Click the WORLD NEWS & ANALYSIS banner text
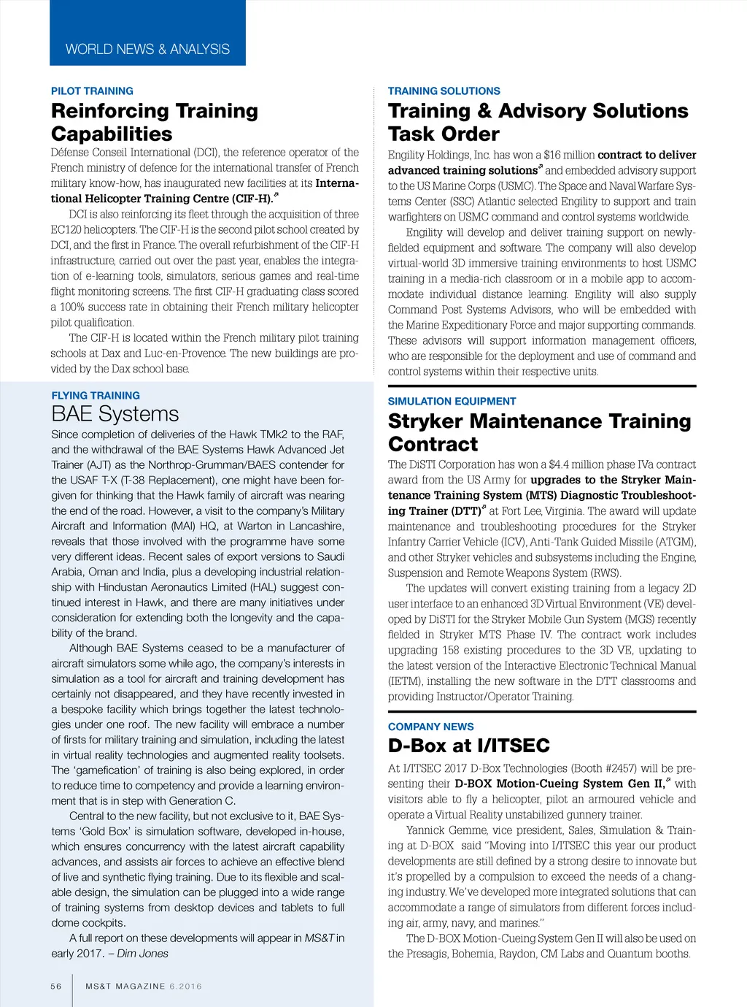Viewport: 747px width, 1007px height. [x=147, y=49]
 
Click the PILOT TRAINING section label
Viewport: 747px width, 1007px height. [x=92, y=91]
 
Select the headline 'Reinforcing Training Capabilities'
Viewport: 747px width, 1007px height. [x=155, y=122]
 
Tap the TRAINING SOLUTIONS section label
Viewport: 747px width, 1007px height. [x=444, y=91]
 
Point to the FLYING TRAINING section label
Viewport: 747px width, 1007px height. [x=96, y=395]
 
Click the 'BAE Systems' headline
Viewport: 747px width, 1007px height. [x=115, y=414]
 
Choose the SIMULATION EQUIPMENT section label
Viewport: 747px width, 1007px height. [x=452, y=401]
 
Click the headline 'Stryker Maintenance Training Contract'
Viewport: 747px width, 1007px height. [x=539, y=432]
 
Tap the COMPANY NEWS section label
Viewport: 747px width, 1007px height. [x=430, y=727]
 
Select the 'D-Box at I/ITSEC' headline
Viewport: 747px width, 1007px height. [x=468, y=746]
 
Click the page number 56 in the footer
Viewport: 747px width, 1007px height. [x=56, y=986]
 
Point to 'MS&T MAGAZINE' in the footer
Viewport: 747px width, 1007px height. [x=125, y=986]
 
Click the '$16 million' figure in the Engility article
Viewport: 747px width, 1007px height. [x=569, y=155]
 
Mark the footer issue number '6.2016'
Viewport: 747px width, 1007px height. [x=185, y=986]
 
